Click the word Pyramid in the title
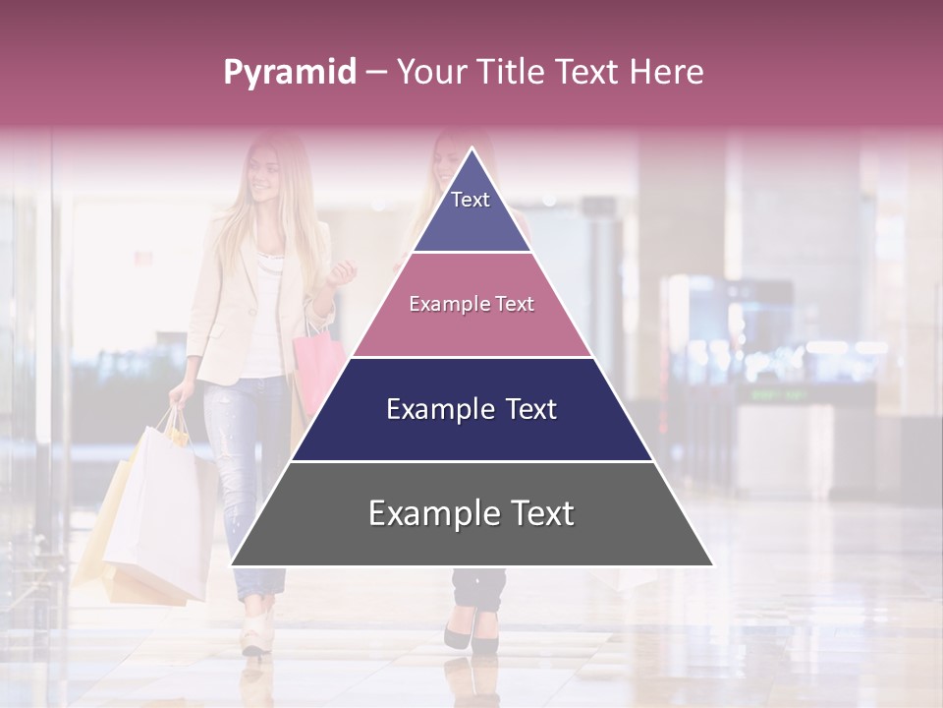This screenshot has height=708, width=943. pos(290,73)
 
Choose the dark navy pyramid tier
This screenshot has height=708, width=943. pos(471,410)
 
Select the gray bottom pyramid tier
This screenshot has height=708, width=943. pos(471,514)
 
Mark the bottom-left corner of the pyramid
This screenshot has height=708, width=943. pos(231,565)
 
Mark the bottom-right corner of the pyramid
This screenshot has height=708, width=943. pos(713,565)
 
